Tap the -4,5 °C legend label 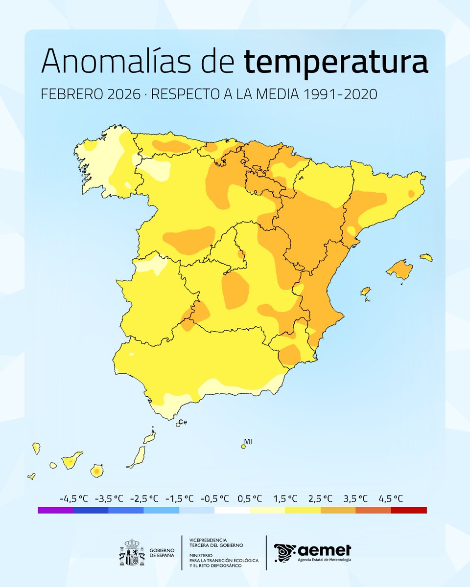click(x=73, y=498)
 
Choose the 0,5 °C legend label click(x=250, y=498)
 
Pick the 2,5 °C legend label click(x=320, y=498)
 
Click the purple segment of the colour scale click(x=55, y=510)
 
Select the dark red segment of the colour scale click(x=409, y=510)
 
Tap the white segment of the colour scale click(x=232, y=510)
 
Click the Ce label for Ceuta click(x=183, y=422)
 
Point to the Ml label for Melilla click(x=248, y=442)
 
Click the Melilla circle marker click(x=243, y=446)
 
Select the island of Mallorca click(x=400, y=270)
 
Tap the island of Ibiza click(x=365, y=292)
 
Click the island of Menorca click(x=426, y=257)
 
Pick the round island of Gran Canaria click(x=97, y=471)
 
